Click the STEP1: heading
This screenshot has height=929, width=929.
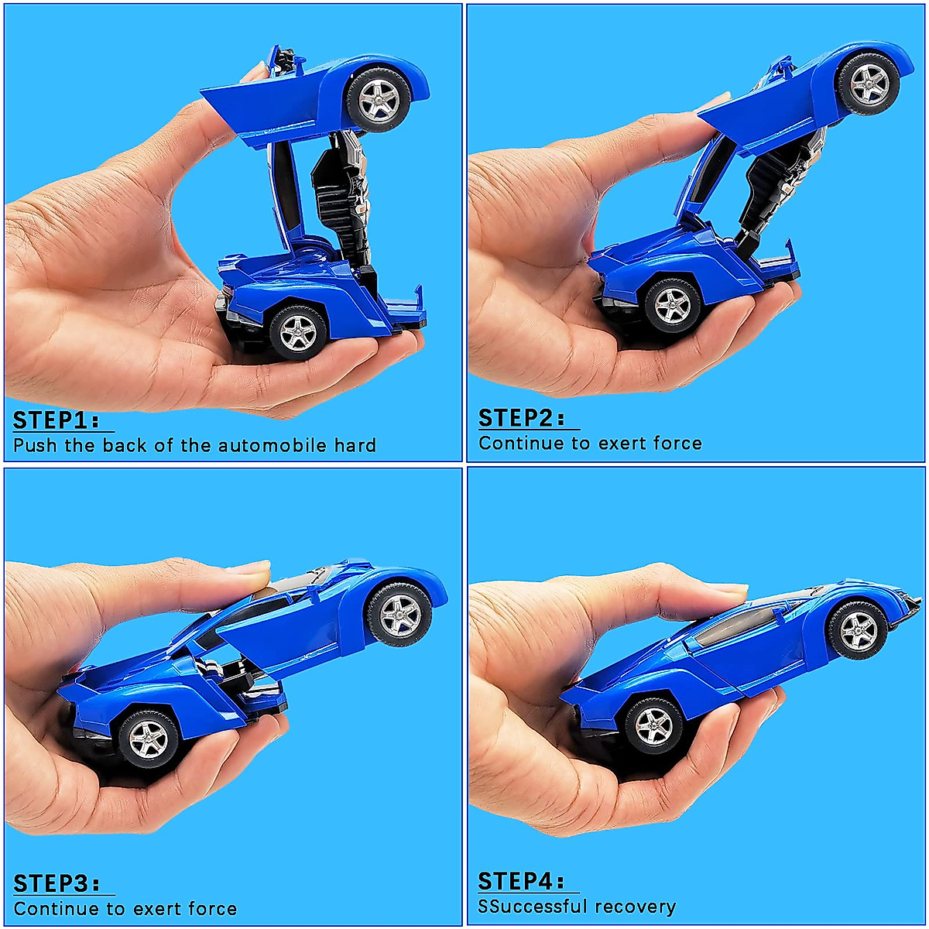pos(56,421)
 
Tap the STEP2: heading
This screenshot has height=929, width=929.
pos(522,419)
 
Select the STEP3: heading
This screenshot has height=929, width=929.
pos(57,884)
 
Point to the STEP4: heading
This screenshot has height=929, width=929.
pos(521,882)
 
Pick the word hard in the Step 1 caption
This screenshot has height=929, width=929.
pos(355,446)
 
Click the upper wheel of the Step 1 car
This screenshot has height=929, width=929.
pos(379,99)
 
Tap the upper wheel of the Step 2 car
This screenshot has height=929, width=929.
pos(869,83)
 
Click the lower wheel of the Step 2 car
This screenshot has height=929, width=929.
pos(672,306)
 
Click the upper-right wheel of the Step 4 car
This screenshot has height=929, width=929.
pos(859,629)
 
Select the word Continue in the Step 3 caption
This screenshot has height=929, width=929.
pos(57,909)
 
